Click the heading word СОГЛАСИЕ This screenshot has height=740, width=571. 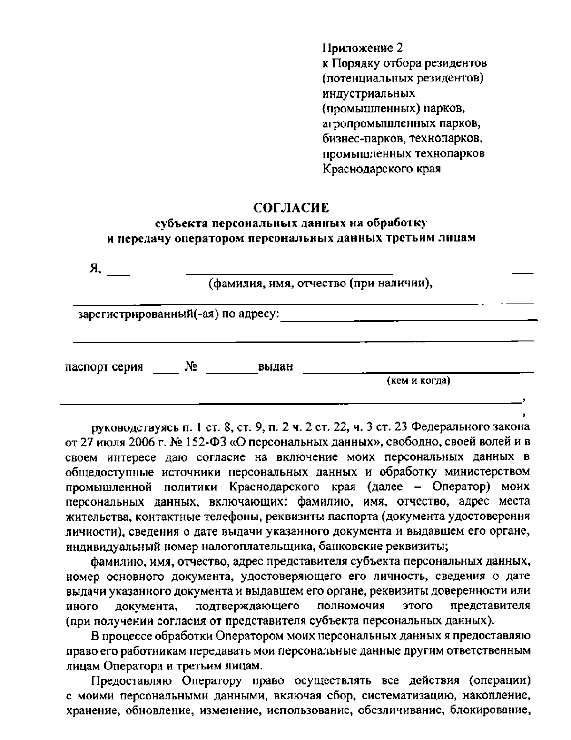pos(291,208)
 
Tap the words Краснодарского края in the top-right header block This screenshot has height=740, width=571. pos(382,169)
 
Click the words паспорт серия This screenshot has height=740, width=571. pos(104,367)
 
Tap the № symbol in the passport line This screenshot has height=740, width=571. pos(191,367)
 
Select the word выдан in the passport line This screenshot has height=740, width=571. pos(275,367)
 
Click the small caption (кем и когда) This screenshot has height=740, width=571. pos(418,381)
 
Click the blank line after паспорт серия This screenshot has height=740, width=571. pos(165,372)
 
